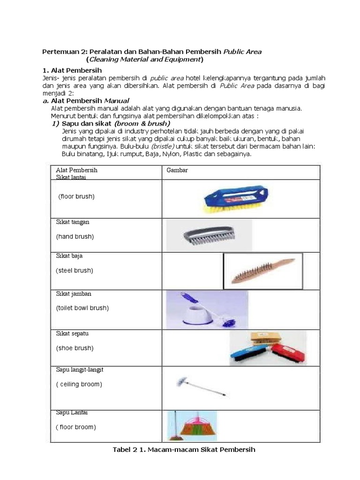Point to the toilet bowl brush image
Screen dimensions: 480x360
click(x=206, y=309)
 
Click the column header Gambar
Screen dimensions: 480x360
click(x=177, y=170)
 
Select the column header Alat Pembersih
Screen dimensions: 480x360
click(x=76, y=170)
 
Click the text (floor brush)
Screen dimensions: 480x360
click(x=76, y=196)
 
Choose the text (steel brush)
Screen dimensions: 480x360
click(x=74, y=270)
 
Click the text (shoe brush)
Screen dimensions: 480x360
click(x=75, y=348)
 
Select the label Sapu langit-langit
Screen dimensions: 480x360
click(x=79, y=370)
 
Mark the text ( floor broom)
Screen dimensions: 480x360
click(x=75, y=427)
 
